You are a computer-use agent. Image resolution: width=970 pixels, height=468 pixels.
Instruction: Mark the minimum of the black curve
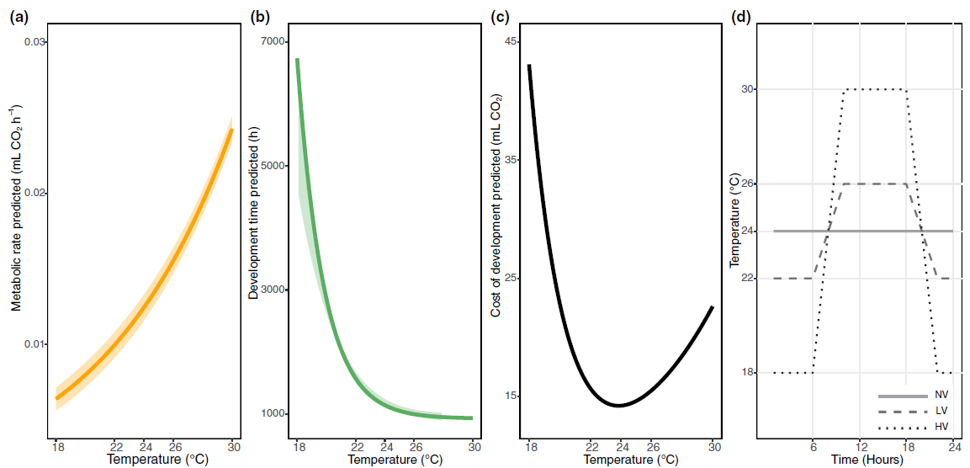[x=618, y=406]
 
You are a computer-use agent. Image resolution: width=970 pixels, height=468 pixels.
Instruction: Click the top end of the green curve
[x=297, y=60]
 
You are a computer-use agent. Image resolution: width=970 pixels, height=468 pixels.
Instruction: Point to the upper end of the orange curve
[x=232, y=130]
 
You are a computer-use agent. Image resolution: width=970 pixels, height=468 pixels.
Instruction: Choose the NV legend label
[x=941, y=396]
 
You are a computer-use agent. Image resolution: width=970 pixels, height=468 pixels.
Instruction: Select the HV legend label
[x=941, y=428]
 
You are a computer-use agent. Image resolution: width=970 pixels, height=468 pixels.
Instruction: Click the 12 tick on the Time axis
[x=860, y=447]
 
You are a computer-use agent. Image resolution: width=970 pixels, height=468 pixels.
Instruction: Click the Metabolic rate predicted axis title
[x=16, y=207]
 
